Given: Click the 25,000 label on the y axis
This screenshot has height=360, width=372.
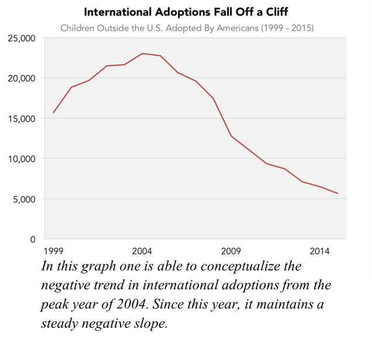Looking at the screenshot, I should (22, 38).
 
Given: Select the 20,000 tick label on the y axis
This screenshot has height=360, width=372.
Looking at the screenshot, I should (22, 78).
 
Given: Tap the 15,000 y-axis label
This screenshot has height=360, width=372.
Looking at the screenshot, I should (22, 118).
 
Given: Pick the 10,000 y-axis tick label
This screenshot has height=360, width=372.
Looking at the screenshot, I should (22, 159).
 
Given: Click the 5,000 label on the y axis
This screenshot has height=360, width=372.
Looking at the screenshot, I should (25, 199).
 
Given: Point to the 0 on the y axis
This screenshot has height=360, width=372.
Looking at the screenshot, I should (33, 239).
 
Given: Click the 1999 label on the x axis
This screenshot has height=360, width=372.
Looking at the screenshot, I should (53, 251).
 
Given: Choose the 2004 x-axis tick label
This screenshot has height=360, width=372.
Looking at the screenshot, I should (142, 251).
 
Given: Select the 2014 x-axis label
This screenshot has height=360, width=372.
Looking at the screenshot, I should (319, 251).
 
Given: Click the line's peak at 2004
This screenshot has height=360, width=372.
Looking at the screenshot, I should (142, 53).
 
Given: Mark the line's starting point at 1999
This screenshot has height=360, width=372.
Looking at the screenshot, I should (53, 112).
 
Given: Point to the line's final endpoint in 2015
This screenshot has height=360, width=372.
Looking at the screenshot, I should (337, 194).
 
